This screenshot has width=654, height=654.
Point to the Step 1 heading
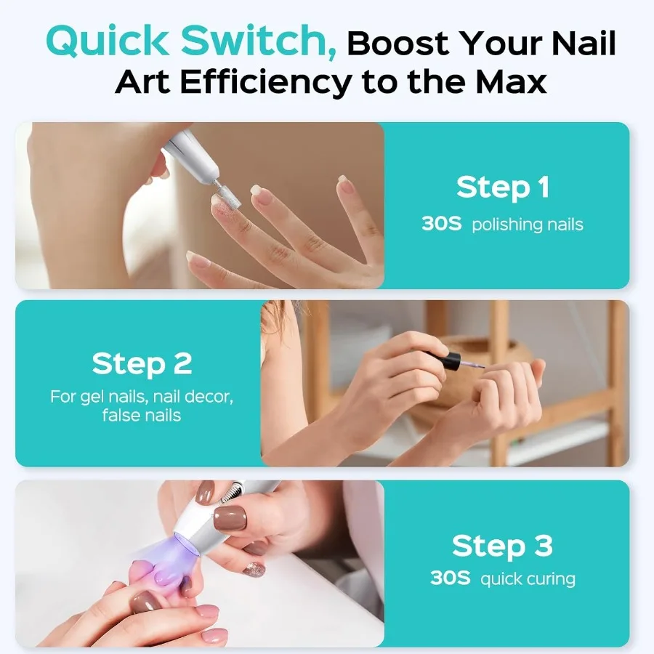(x=502, y=187)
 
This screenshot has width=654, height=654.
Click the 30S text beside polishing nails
(x=441, y=224)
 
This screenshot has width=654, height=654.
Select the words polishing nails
(x=527, y=224)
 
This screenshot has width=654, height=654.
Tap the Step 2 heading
(x=142, y=363)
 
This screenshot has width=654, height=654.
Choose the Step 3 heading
(x=502, y=545)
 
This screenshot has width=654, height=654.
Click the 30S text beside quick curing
(x=450, y=579)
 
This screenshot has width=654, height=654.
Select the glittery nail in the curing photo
(x=254, y=569)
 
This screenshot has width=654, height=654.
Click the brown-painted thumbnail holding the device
(x=230, y=518)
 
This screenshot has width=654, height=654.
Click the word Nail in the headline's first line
(x=580, y=44)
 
